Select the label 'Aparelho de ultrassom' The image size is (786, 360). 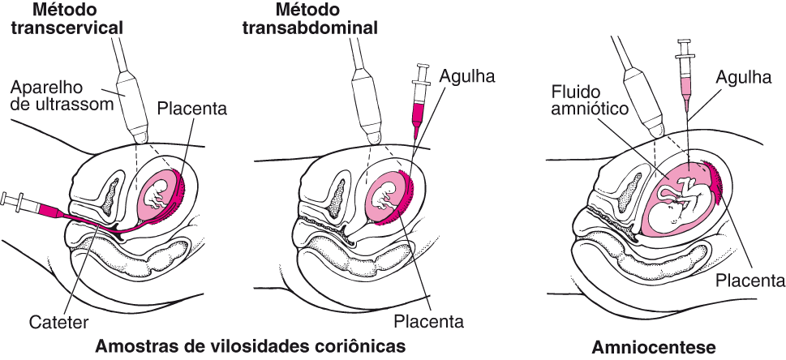pos(56,95)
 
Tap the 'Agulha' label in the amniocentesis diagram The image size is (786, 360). pos(743,78)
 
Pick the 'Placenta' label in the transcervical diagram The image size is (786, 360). pos(192,107)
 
